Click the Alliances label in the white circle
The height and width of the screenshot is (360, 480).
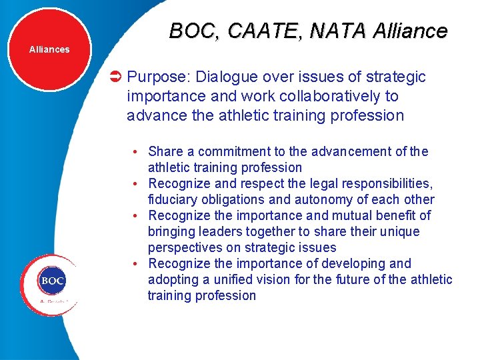(49, 49)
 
